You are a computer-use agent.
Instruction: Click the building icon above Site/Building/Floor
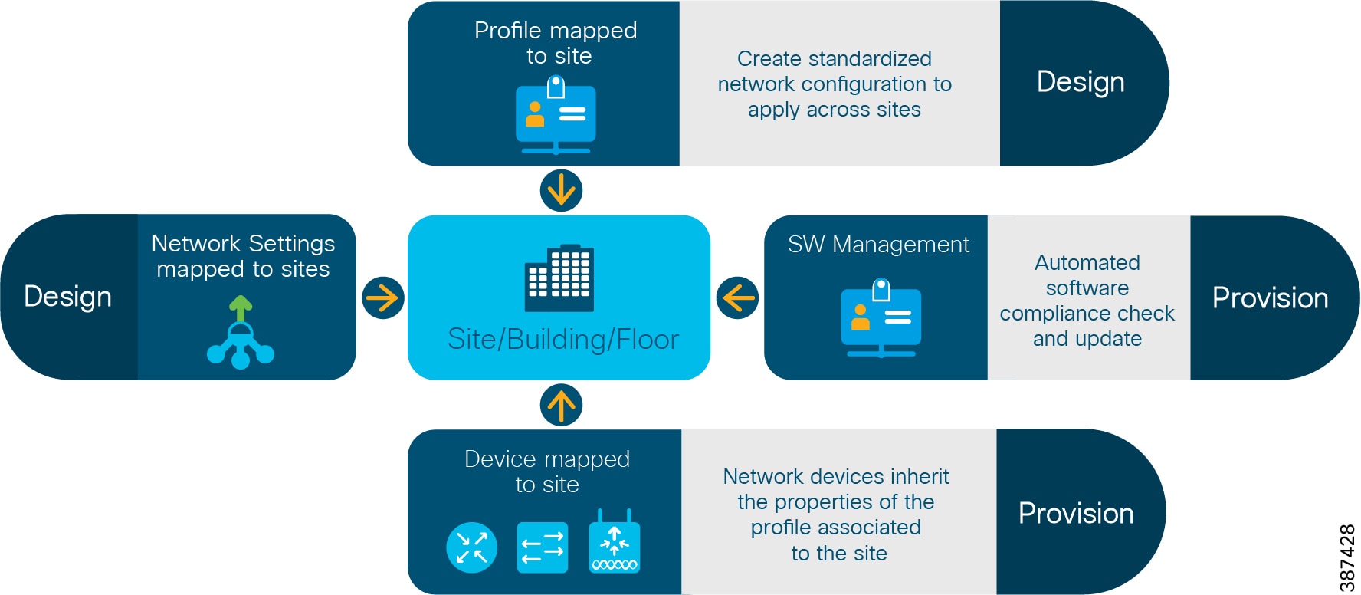click(x=559, y=278)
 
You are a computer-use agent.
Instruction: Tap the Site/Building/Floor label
click(x=563, y=340)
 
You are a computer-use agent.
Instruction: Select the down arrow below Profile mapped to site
click(x=561, y=190)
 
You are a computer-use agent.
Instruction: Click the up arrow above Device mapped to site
click(x=561, y=405)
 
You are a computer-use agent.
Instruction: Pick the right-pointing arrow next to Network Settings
click(x=383, y=297)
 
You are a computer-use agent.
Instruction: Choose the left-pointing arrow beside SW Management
click(x=737, y=297)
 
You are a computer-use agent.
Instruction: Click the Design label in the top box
click(x=1081, y=82)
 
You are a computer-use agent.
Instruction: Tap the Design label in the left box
click(x=67, y=297)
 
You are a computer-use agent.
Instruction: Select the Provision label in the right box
click(x=1270, y=298)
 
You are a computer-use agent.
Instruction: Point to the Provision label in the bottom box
click(x=1076, y=514)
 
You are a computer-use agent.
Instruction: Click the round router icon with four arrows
click(x=471, y=547)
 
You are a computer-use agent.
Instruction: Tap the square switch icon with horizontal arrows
click(x=543, y=547)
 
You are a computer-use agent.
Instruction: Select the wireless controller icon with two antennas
click(x=615, y=544)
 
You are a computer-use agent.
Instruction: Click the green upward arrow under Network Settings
click(x=241, y=309)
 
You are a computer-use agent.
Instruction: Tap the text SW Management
click(x=878, y=245)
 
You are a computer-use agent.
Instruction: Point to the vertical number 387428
click(x=1347, y=557)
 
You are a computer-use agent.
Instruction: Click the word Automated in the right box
click(x=1087, y=263)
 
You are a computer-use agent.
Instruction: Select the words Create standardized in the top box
click(x=834, y=59)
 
